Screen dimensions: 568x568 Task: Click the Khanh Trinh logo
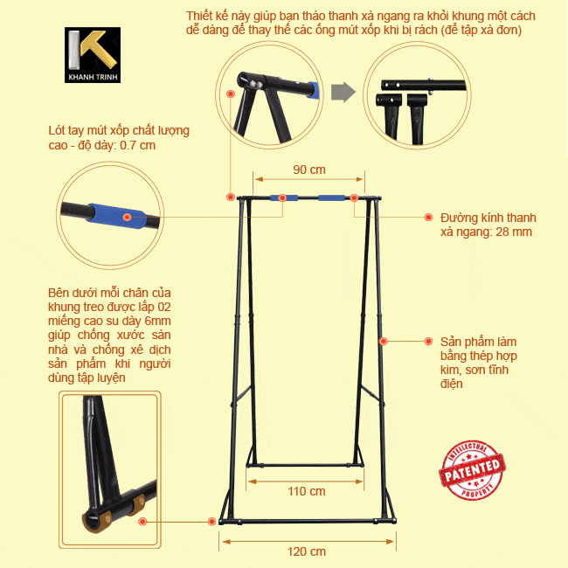tap(93, 55)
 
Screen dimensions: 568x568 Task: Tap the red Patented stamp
tap(472, 470)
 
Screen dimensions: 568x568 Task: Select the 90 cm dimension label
tap(309, 170)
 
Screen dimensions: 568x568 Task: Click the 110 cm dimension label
tap(307, 491)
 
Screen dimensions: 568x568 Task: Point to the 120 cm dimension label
tap(307, 551)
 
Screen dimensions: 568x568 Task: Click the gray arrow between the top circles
tap(343, 93)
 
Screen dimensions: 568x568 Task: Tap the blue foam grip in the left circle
tap(116, 216)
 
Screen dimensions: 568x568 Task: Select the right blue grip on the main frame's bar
tap(331, 197)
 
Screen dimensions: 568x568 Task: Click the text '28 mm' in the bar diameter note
tap(514, 232)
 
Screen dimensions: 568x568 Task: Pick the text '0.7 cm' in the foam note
tap(138, 145)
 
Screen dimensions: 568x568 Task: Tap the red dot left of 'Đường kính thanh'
tap(428, 217)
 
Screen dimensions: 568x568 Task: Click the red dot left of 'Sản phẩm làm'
tap(428, 341)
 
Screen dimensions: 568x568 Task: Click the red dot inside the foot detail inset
tap(142, 522)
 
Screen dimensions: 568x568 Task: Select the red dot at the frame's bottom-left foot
tap(212, 522)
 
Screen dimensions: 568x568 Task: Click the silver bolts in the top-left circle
tap(256, 85)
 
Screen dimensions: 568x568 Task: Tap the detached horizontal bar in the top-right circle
tap(424, 85)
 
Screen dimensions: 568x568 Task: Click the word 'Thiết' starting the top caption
tap(197, 16)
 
